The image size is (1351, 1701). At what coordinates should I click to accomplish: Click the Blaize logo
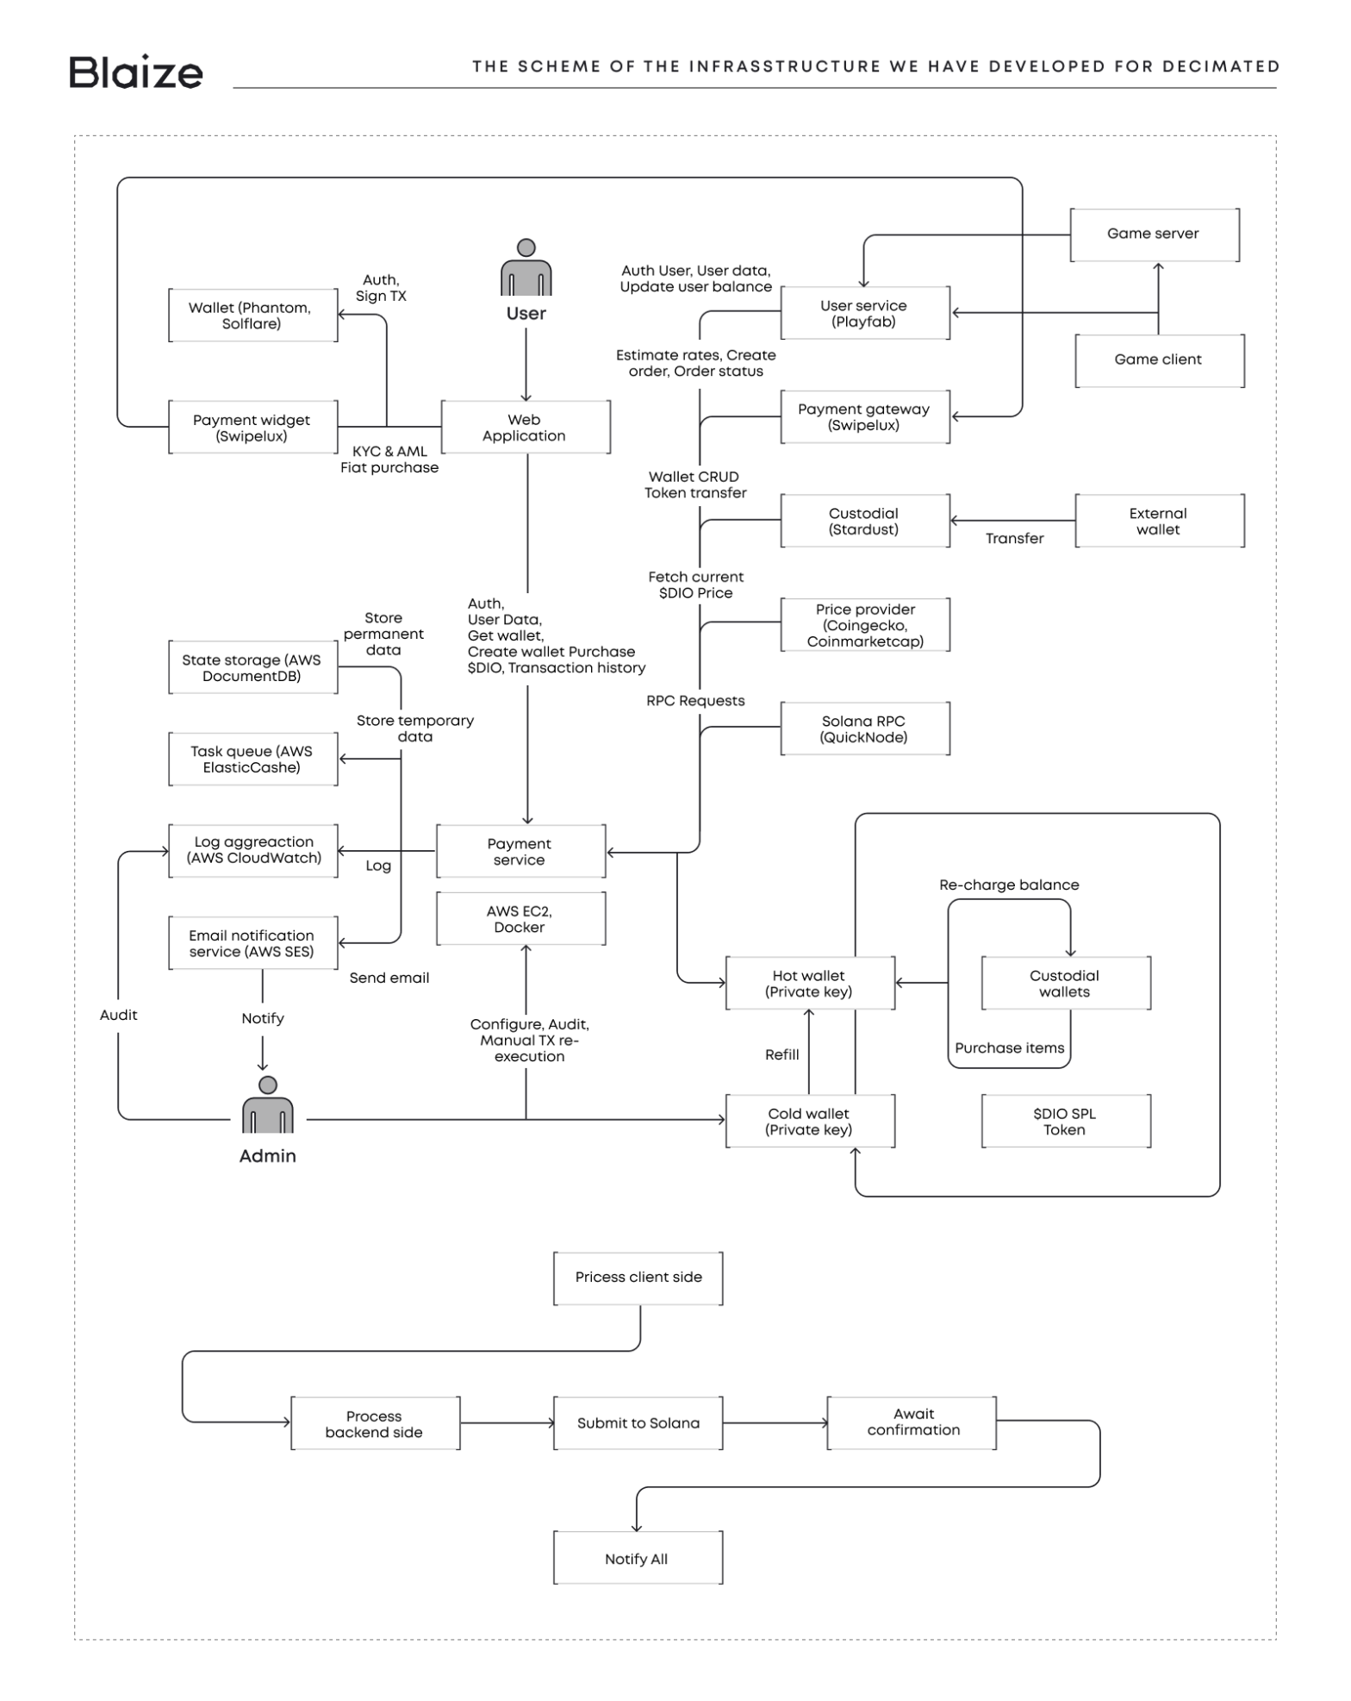135,72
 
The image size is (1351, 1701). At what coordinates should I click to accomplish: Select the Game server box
1154,234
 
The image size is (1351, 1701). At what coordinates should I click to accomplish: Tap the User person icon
526,269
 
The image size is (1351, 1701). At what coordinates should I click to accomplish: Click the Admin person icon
267,1105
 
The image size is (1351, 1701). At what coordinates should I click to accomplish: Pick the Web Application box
525,428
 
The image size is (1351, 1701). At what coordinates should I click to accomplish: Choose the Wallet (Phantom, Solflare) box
252,316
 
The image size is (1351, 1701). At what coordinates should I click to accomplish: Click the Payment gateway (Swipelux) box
864,417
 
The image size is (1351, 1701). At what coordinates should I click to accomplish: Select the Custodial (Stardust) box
864,521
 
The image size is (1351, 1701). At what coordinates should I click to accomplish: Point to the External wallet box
1158,521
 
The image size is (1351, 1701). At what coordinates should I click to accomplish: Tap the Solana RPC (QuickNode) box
864,729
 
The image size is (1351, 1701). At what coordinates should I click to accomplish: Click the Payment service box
520,852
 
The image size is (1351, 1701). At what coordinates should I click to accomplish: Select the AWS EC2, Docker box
520,919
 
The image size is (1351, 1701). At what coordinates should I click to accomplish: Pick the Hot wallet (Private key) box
809,984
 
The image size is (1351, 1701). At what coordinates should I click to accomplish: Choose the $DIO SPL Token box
1065,1122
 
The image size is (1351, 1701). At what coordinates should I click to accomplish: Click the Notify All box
637,1559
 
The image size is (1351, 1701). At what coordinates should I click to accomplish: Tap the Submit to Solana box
638,1423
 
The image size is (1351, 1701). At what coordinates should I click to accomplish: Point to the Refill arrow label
782,1054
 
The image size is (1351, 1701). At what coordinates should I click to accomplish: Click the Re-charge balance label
1009,885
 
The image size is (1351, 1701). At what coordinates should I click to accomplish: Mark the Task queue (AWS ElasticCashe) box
252,760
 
